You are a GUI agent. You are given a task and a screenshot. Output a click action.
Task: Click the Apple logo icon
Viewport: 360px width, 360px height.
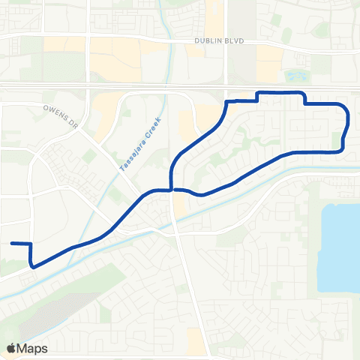(x=10, y=348)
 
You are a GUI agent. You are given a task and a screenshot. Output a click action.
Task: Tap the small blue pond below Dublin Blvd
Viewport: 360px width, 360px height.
(x=294, y=76)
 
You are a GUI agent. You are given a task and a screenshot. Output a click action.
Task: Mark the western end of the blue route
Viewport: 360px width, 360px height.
(x=12, y=243)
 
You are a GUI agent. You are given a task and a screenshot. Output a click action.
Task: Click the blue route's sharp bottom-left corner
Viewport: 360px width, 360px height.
(x=31, y=265)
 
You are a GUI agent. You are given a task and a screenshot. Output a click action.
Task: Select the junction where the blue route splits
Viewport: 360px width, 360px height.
(x=172, y=190)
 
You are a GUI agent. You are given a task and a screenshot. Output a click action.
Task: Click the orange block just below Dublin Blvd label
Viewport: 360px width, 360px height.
(x=267, y=64)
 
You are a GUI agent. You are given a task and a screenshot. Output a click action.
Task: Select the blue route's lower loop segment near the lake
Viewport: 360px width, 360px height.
(x=300, y=152)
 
